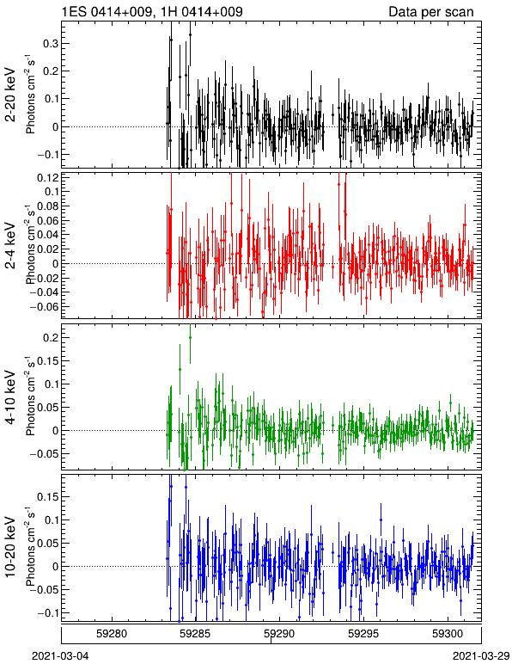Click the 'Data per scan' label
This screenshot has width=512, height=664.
pyautogui.click(x=431, y=11)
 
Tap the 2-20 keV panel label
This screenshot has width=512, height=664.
pyautogui.click(x=10, y=95)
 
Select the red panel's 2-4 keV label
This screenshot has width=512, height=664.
pyautogui.click(x=10, y=246)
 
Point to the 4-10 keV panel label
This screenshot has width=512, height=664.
pyautogui.click(x=10, y=397)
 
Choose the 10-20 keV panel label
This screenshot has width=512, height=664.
pyautogui.click(x=10, y=547)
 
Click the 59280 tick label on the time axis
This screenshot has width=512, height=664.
pyautogui.click(x=112, y=634)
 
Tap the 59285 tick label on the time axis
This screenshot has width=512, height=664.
pyautogui.click(x=196, y=634)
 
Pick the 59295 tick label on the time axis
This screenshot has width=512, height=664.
pyautogui.click(x=364, y=634)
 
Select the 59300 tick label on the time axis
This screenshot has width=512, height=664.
pyautogui.click(x=448, y=634)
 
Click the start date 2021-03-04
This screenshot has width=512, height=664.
pyautogui.click(x=60, y=656)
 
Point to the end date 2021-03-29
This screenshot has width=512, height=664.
pyautogui.click(x=481, y=656)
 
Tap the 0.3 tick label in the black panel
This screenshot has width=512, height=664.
pyautogui.click(x=50, y=44)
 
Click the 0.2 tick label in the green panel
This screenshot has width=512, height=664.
pyautogui.click(x=50, y=337)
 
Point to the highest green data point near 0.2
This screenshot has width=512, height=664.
pyautogui.click(x=190, y=337)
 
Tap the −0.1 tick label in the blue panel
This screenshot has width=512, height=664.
pyautogui.click(x=47, y=612)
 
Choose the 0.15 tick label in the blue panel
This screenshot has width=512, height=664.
pyautogui.click(x=47, y=497)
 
